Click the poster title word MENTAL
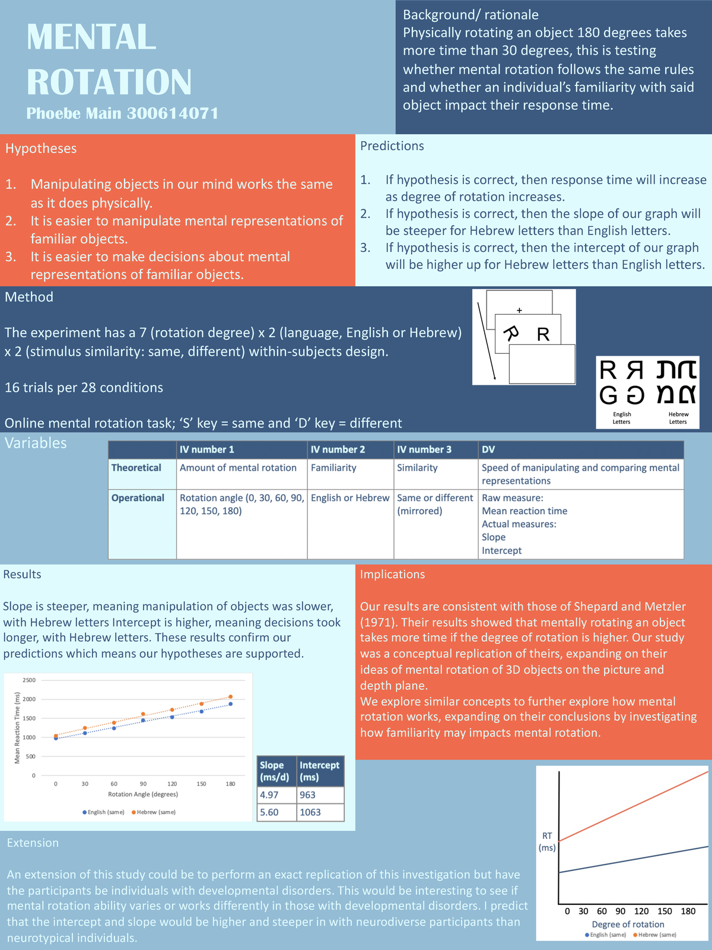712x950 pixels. [91, 37]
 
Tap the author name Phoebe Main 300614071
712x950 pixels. [122, 113]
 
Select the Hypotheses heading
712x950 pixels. [41, 148]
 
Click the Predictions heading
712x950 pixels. [392, 146]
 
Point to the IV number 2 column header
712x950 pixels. [338, 449]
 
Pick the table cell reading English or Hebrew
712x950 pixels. [349, 498]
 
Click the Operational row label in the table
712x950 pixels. [138, 498]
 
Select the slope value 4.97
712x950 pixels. [269, 795]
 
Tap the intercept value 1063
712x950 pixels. [310, 812]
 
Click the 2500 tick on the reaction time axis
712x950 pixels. [29, 680]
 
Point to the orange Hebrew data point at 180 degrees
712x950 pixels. [231, 696]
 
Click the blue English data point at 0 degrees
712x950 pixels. [56, 738]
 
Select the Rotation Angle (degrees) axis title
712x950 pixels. [143, 794]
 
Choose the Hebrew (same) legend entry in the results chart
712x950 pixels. [154, 812]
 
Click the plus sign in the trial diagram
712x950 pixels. [519, 310]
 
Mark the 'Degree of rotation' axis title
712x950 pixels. [628, 924]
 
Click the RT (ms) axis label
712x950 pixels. [546, 841]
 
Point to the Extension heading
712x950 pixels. [33, 843]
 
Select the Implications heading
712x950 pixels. [392, 574]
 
